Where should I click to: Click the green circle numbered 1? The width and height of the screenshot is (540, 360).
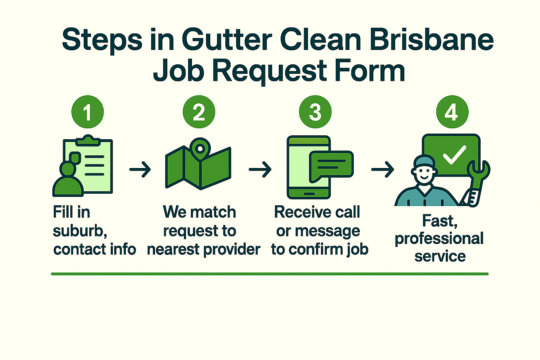pyautogui.click(x=88, y=112)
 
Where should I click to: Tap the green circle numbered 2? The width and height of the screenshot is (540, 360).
pyautogui.click(x=199, y=112)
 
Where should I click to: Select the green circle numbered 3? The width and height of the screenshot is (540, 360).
pyautogui.click(x=315, y=112)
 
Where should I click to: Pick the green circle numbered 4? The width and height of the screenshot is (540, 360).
pyautogui.click(x=452, y=112)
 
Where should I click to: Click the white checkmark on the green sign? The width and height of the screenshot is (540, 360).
pyautogui.click(x=454, y=155)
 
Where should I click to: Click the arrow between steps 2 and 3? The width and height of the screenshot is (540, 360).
pyautogui.click(x=260, y=169)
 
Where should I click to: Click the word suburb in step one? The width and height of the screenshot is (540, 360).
pyautogui.click(x=79, y=231)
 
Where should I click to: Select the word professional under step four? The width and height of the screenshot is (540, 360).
pyautogui.click(x=439, y=239)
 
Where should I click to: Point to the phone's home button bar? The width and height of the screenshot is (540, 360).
pyautogui.click(x=309, y=194)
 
